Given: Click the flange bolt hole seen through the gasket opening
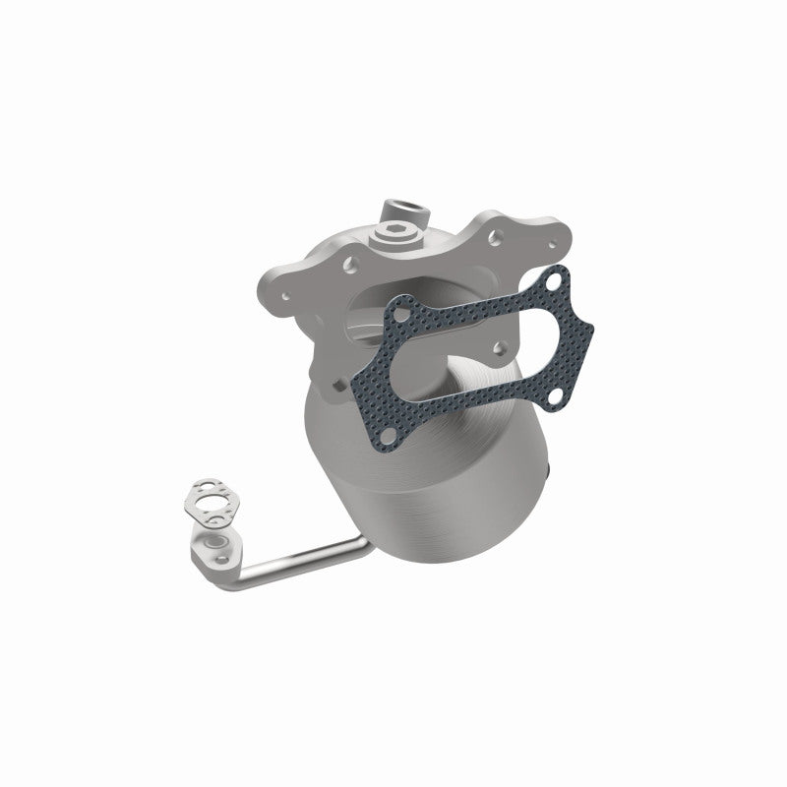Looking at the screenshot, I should point(500,346).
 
